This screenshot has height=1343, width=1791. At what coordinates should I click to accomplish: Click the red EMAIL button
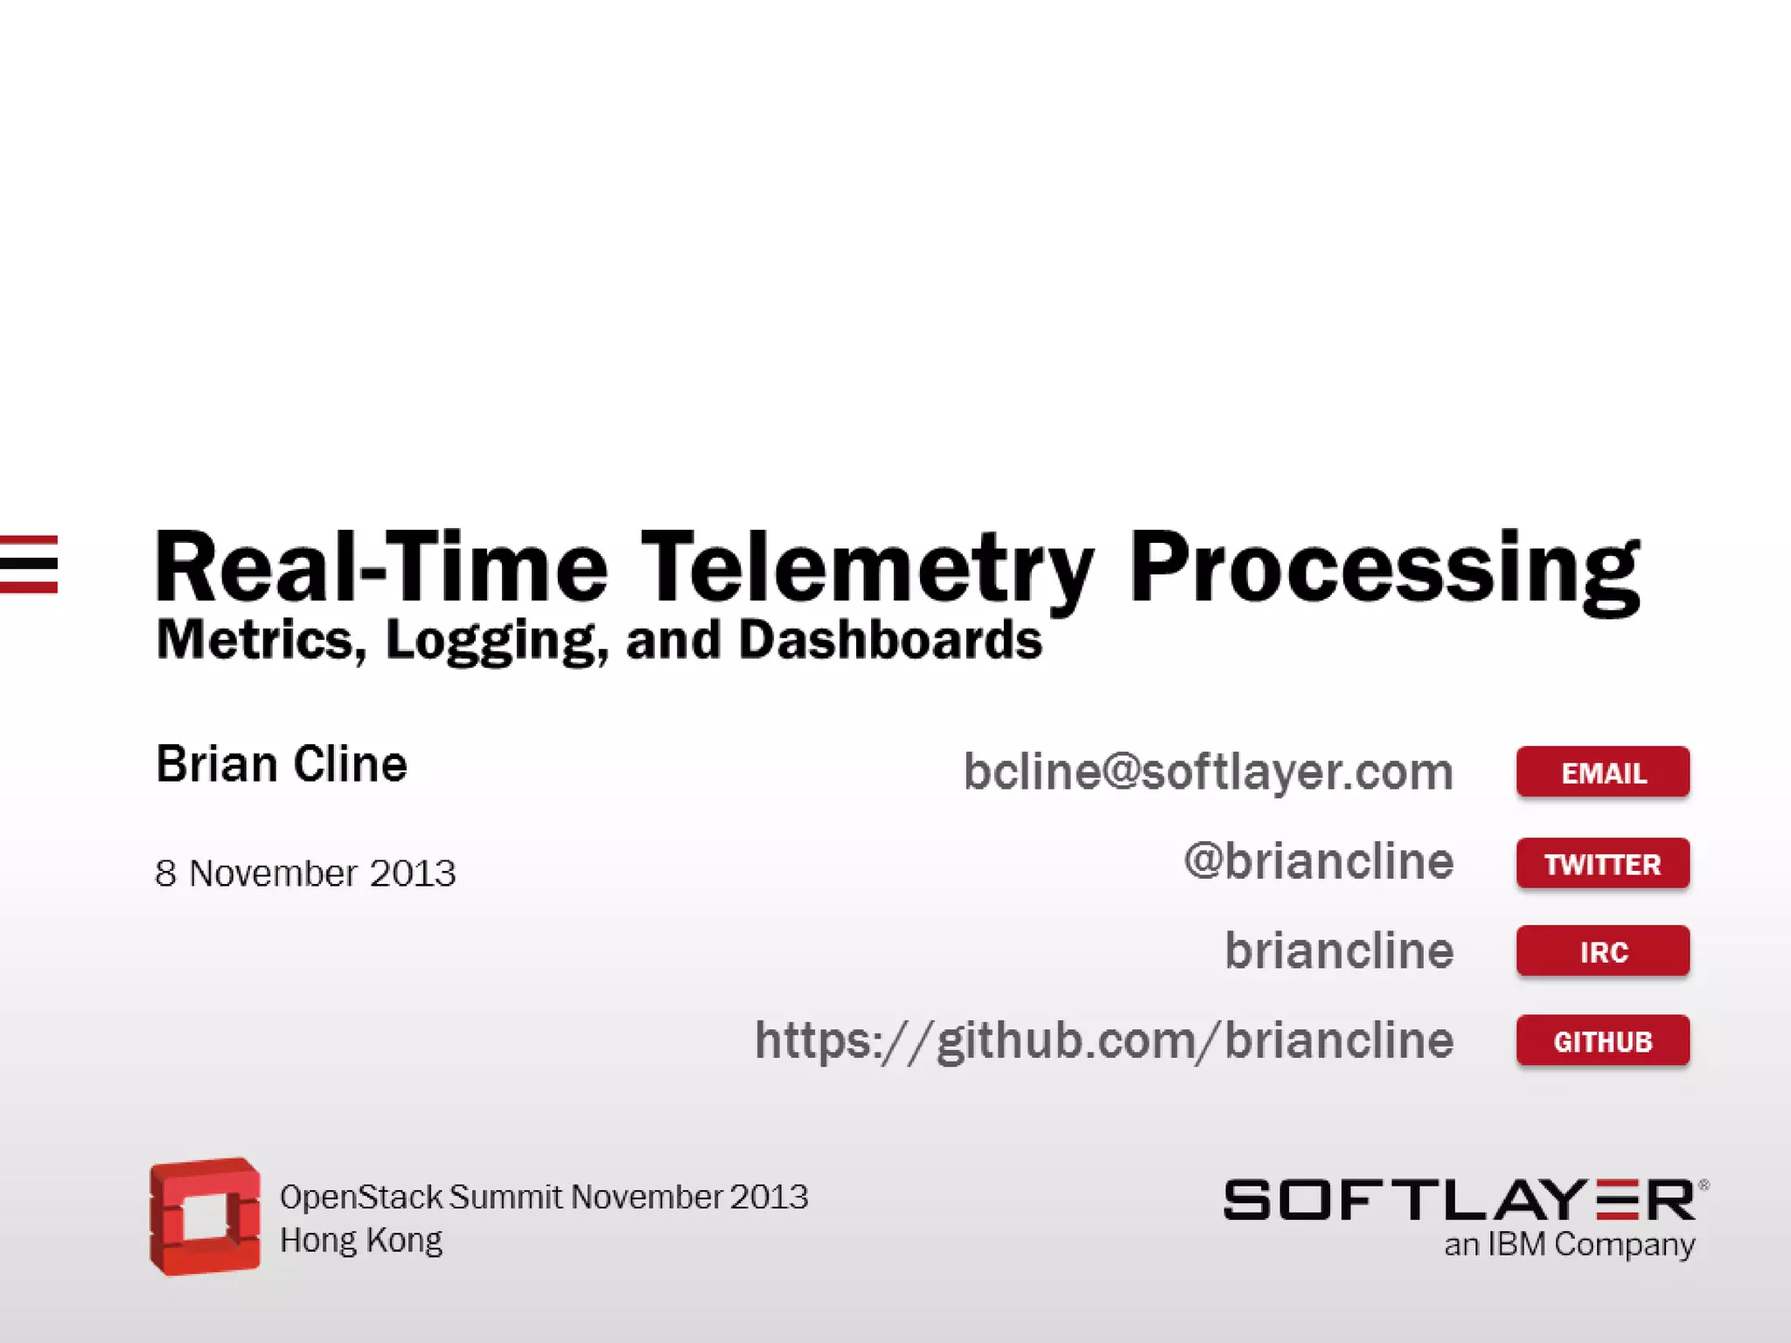(1602, 772)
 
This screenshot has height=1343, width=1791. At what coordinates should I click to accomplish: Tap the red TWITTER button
(1602, 864)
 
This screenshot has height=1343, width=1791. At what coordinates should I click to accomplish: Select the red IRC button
(1602, 951)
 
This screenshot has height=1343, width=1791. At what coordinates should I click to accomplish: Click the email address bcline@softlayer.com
(1208, 772)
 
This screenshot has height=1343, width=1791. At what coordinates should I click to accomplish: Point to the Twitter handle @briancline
(1318, 862)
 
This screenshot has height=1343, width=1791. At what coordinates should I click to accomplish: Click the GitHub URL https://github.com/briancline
(1104, 1040)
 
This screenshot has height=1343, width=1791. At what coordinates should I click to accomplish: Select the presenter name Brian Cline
(282, 764)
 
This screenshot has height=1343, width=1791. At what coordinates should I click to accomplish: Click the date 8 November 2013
(305, 873)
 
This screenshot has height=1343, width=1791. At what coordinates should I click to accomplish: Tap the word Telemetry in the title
(866, 568)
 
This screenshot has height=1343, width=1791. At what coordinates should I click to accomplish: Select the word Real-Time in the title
(380, 568)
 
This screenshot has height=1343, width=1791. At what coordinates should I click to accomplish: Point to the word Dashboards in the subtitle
(890, 640)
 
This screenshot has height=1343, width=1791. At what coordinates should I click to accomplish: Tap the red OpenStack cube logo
(206, 1216)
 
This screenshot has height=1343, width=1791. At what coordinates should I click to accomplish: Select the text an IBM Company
(1569, 1244)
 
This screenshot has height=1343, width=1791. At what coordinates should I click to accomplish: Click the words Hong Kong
(360, 1241)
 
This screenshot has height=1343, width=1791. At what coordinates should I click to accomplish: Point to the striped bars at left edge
(29, 564)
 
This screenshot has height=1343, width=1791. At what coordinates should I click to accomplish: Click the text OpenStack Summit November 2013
(543, 1197)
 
